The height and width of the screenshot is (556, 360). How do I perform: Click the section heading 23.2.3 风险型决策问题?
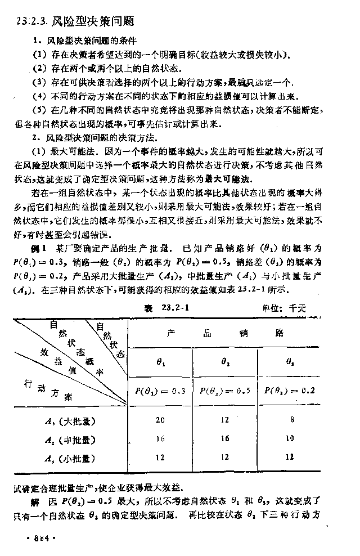(76, 22)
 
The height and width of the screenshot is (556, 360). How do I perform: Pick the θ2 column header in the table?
(225, 364)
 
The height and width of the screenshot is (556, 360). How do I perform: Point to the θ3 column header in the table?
(289, 364)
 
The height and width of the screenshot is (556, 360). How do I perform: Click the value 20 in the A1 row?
(160, 419)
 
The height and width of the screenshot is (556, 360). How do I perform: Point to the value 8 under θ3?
(289, 419)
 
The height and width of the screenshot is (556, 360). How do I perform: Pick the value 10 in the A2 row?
(289, 438)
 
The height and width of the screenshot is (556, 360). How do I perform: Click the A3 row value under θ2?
(225, 457)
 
